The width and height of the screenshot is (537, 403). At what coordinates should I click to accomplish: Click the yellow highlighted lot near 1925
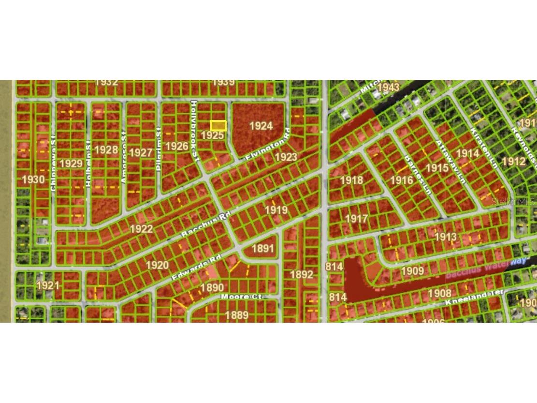click(218, 126)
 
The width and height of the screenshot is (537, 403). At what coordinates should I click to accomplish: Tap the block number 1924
click(261, 126)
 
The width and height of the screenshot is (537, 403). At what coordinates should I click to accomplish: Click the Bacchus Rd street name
click(204, 225)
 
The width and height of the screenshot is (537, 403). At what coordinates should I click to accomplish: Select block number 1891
click(263, 249)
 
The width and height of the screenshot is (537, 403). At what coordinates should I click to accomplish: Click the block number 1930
click(33, 179)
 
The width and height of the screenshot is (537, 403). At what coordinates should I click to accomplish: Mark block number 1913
click(445, 237)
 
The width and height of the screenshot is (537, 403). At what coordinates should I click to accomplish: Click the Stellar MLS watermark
click(513, 202)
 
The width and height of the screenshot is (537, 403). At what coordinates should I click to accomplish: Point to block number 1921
click(47, 285)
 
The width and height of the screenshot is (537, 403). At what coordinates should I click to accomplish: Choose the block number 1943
click(388, 87)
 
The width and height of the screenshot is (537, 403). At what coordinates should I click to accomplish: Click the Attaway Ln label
click(450, 162)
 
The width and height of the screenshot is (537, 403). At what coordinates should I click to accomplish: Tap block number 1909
click(412, 270)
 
